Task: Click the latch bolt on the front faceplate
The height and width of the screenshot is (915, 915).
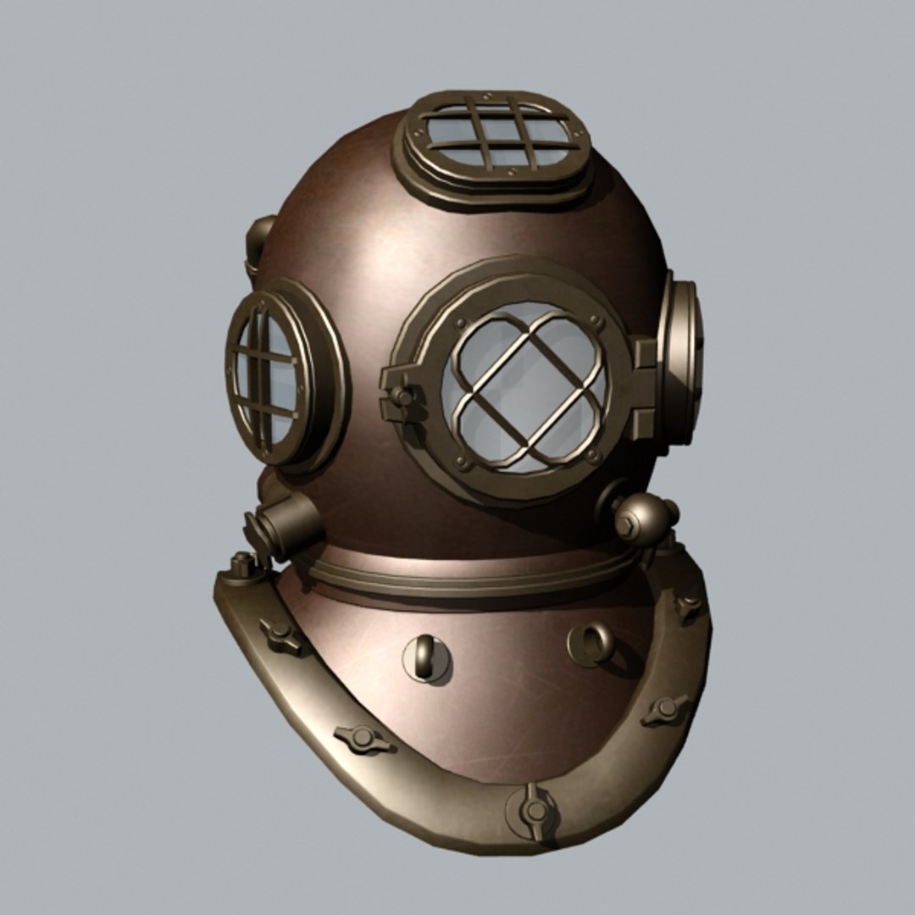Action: [x=402, y=396]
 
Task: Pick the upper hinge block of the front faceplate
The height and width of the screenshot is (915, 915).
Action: [x=646, y=352]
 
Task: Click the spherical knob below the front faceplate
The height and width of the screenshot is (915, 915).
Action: [x=642, y=518]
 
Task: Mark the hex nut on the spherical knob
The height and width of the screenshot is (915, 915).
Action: [x=624, y=526]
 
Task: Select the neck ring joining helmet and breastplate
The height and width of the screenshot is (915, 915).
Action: [x=474, y=576]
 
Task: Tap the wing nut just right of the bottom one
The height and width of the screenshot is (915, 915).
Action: [x=665, y=708]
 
